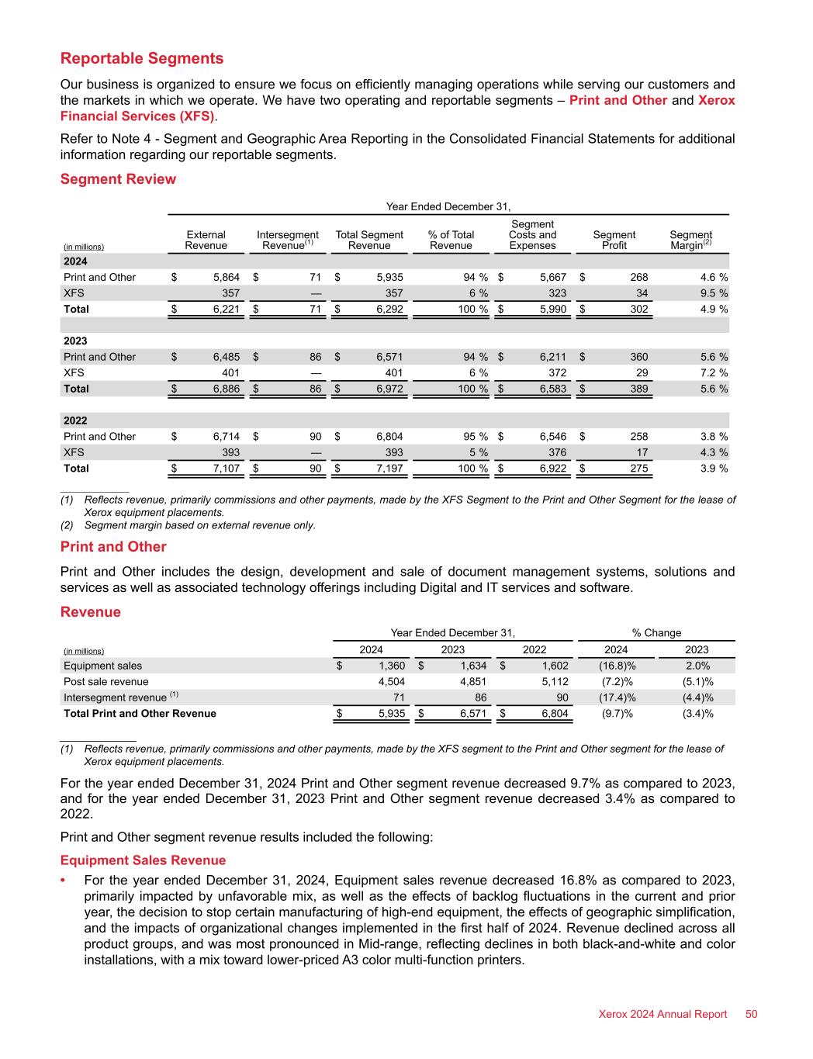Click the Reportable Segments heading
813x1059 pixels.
coord(142,59)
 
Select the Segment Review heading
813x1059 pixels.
coord(118,179)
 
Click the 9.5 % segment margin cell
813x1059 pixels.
coord(710,293)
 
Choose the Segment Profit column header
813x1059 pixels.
coord(614,240)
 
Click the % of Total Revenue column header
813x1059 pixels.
coord(451,240)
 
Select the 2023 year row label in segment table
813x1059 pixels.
coord(75,341)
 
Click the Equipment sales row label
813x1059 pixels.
coord(102,666)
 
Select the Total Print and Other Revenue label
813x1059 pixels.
coord(140,714)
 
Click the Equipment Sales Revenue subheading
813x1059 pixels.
coord(143,860)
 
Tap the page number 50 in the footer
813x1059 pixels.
coord(751,1014)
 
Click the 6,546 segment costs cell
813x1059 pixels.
coord(552,437)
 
